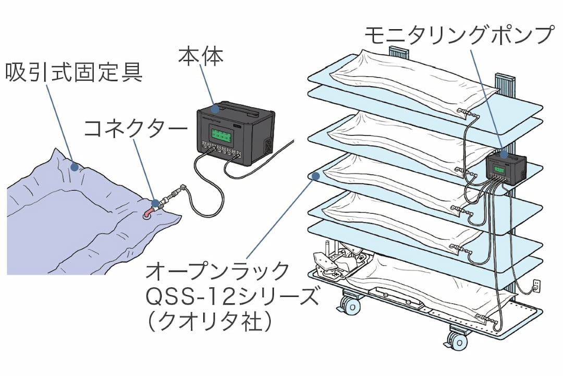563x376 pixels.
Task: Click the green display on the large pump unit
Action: coord(221,136)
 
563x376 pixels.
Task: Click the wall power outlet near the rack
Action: coord(535,286)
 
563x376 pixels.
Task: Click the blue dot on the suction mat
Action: coord(75,167)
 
